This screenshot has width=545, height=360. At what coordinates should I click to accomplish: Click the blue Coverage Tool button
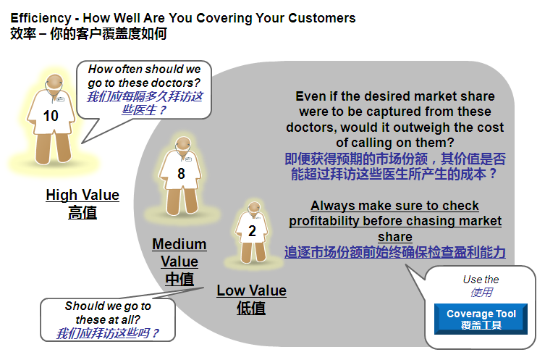point(481,319)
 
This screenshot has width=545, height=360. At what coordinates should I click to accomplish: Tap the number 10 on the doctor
point(51,116)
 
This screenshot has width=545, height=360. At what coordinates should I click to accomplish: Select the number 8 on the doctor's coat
point(181,174)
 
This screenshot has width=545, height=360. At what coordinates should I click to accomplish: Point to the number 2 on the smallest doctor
point(253,231)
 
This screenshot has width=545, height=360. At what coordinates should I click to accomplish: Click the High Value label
point(83,195)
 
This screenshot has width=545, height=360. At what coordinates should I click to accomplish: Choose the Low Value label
point(252,290)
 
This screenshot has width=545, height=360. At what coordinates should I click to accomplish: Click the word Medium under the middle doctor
point(179,244)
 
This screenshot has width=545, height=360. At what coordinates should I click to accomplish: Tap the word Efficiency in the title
point(41,18)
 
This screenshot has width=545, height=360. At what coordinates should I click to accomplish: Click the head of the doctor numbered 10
point(55,83)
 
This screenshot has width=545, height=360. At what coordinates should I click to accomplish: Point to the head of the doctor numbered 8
point(183,144)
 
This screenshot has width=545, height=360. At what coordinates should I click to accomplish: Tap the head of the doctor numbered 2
point(255,208)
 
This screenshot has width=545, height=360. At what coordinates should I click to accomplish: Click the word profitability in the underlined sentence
point(324,221)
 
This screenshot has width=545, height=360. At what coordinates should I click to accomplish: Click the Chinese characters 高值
point(83,212)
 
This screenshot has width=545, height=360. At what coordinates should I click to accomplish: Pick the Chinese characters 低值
point(251,308)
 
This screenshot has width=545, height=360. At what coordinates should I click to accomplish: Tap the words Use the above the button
point(481,280)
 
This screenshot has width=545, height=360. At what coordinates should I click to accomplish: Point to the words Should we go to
point(108,306)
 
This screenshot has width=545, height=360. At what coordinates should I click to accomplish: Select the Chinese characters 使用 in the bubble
point(481,293)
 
